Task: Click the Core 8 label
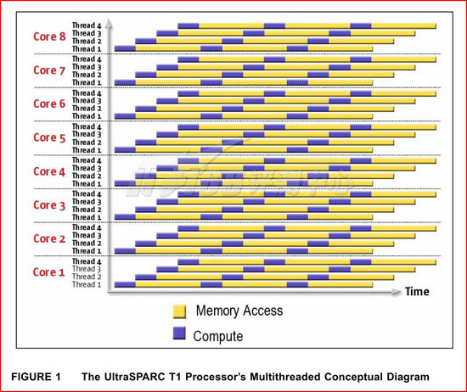tap(49, 36)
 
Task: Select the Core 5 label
tap(49, 137)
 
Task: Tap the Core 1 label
tap(49, 272)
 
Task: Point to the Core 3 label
tap(49, 205)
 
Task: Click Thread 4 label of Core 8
tap(87, 25)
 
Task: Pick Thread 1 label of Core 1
tap(87, 284)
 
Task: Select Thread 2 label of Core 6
tap(87, 109)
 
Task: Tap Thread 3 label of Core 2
tap(87, 235)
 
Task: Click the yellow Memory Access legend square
tap(179, 311)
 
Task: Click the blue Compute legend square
tap(179, 333)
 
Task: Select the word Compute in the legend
tap(218, 336)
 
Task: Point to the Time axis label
tap(417, 292)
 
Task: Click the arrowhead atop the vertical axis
tap(109, 23)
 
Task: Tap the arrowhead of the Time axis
tap(397, 292)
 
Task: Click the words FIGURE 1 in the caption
tap(36, 377)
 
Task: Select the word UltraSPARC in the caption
tap(134, 377)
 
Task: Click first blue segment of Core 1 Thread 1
tap(125, 284)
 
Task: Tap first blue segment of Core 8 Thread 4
tap(188, 26)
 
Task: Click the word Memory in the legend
tap(217, 311)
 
